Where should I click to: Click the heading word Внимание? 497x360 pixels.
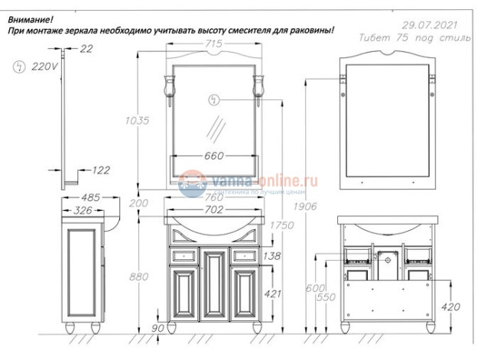(x=30, y=18)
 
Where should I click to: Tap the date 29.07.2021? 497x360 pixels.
(x=432, y=23)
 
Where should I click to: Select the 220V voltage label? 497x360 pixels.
(x=44, y=66)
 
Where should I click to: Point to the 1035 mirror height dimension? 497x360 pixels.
(x=135, y=120)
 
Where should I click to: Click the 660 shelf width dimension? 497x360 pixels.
(x=214, y=156)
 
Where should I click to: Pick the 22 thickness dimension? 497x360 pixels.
(x=85, y=49)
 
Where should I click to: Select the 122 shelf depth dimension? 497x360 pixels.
(x=100, y=170)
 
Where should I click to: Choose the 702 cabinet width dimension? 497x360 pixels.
(x=214, y=209)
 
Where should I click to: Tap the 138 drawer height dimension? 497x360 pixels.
(x=271, y=256)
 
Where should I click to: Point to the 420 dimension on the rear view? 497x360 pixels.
(x=451, y=307)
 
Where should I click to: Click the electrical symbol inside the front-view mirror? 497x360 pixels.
(x=215, y=99)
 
